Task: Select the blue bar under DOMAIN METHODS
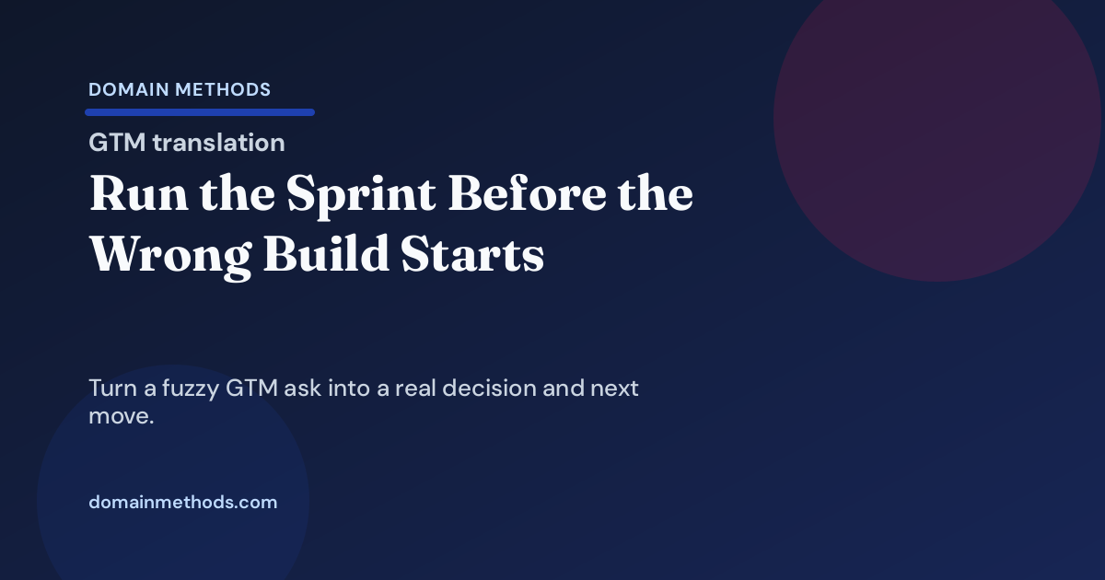click(x=200, y=112)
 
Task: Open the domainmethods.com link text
click(x=182, y=503)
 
